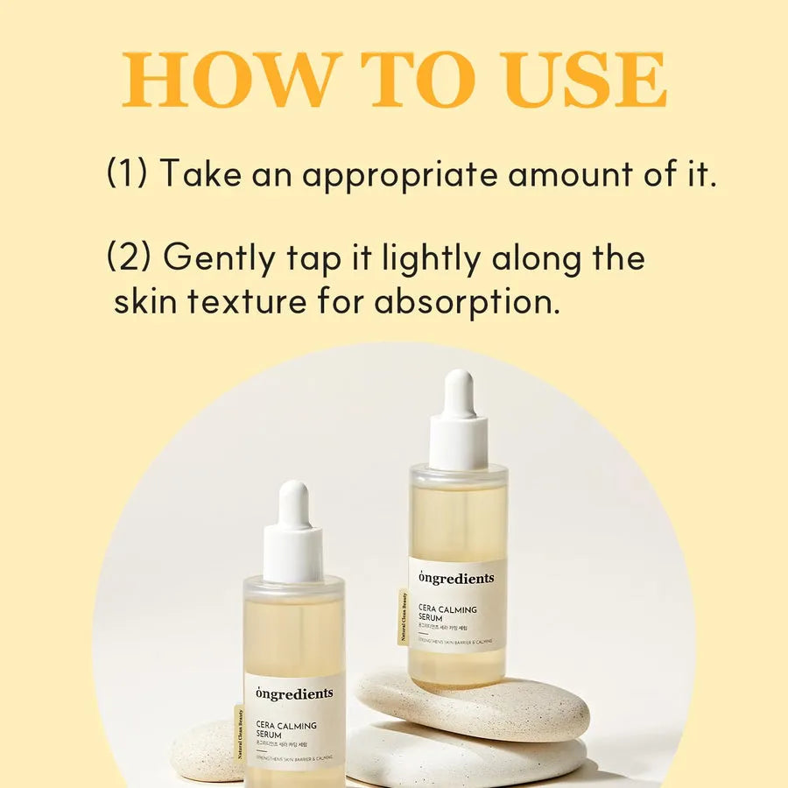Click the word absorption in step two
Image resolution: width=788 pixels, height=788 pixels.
coord(467,302)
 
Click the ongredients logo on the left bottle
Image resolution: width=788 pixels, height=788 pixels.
coord(294,693)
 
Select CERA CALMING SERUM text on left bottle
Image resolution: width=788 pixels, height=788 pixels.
coord(287,730)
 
